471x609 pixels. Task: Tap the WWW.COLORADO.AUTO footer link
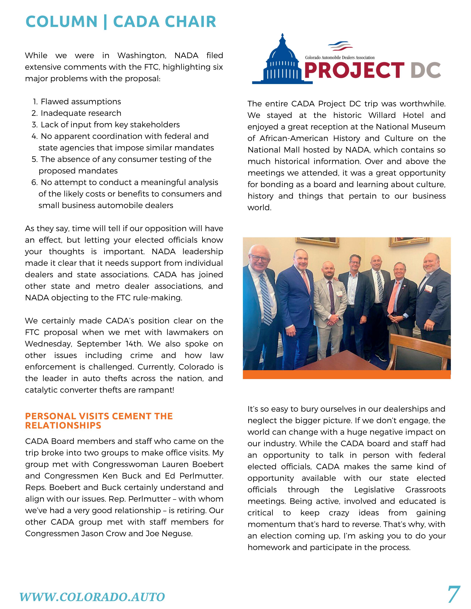[92, 597]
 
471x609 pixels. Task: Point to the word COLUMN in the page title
[61, 22]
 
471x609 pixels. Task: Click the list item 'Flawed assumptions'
[81, 101]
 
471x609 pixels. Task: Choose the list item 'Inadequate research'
[81, 113]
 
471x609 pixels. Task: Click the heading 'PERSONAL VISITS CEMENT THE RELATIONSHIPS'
[99, 421]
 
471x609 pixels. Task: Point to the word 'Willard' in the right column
[382, 115]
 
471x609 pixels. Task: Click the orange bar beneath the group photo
[347, 374]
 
